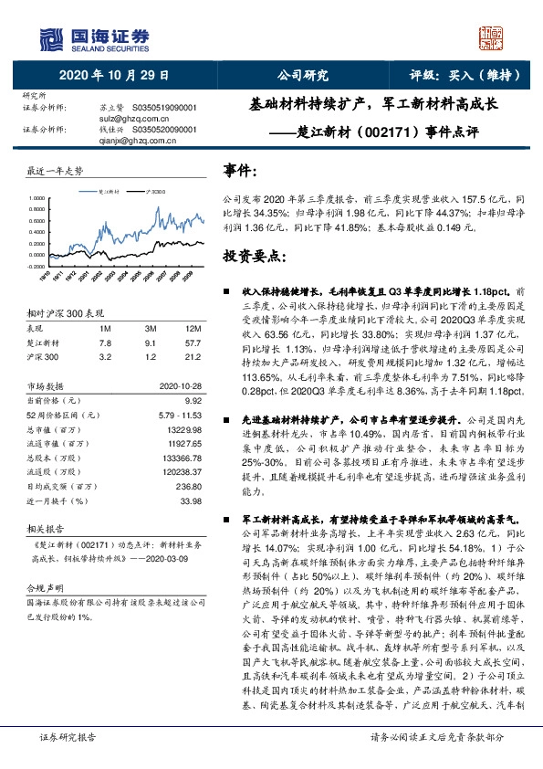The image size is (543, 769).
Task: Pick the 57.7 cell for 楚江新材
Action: click(193, 342)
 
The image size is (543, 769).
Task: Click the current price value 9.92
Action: click(192, 398)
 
